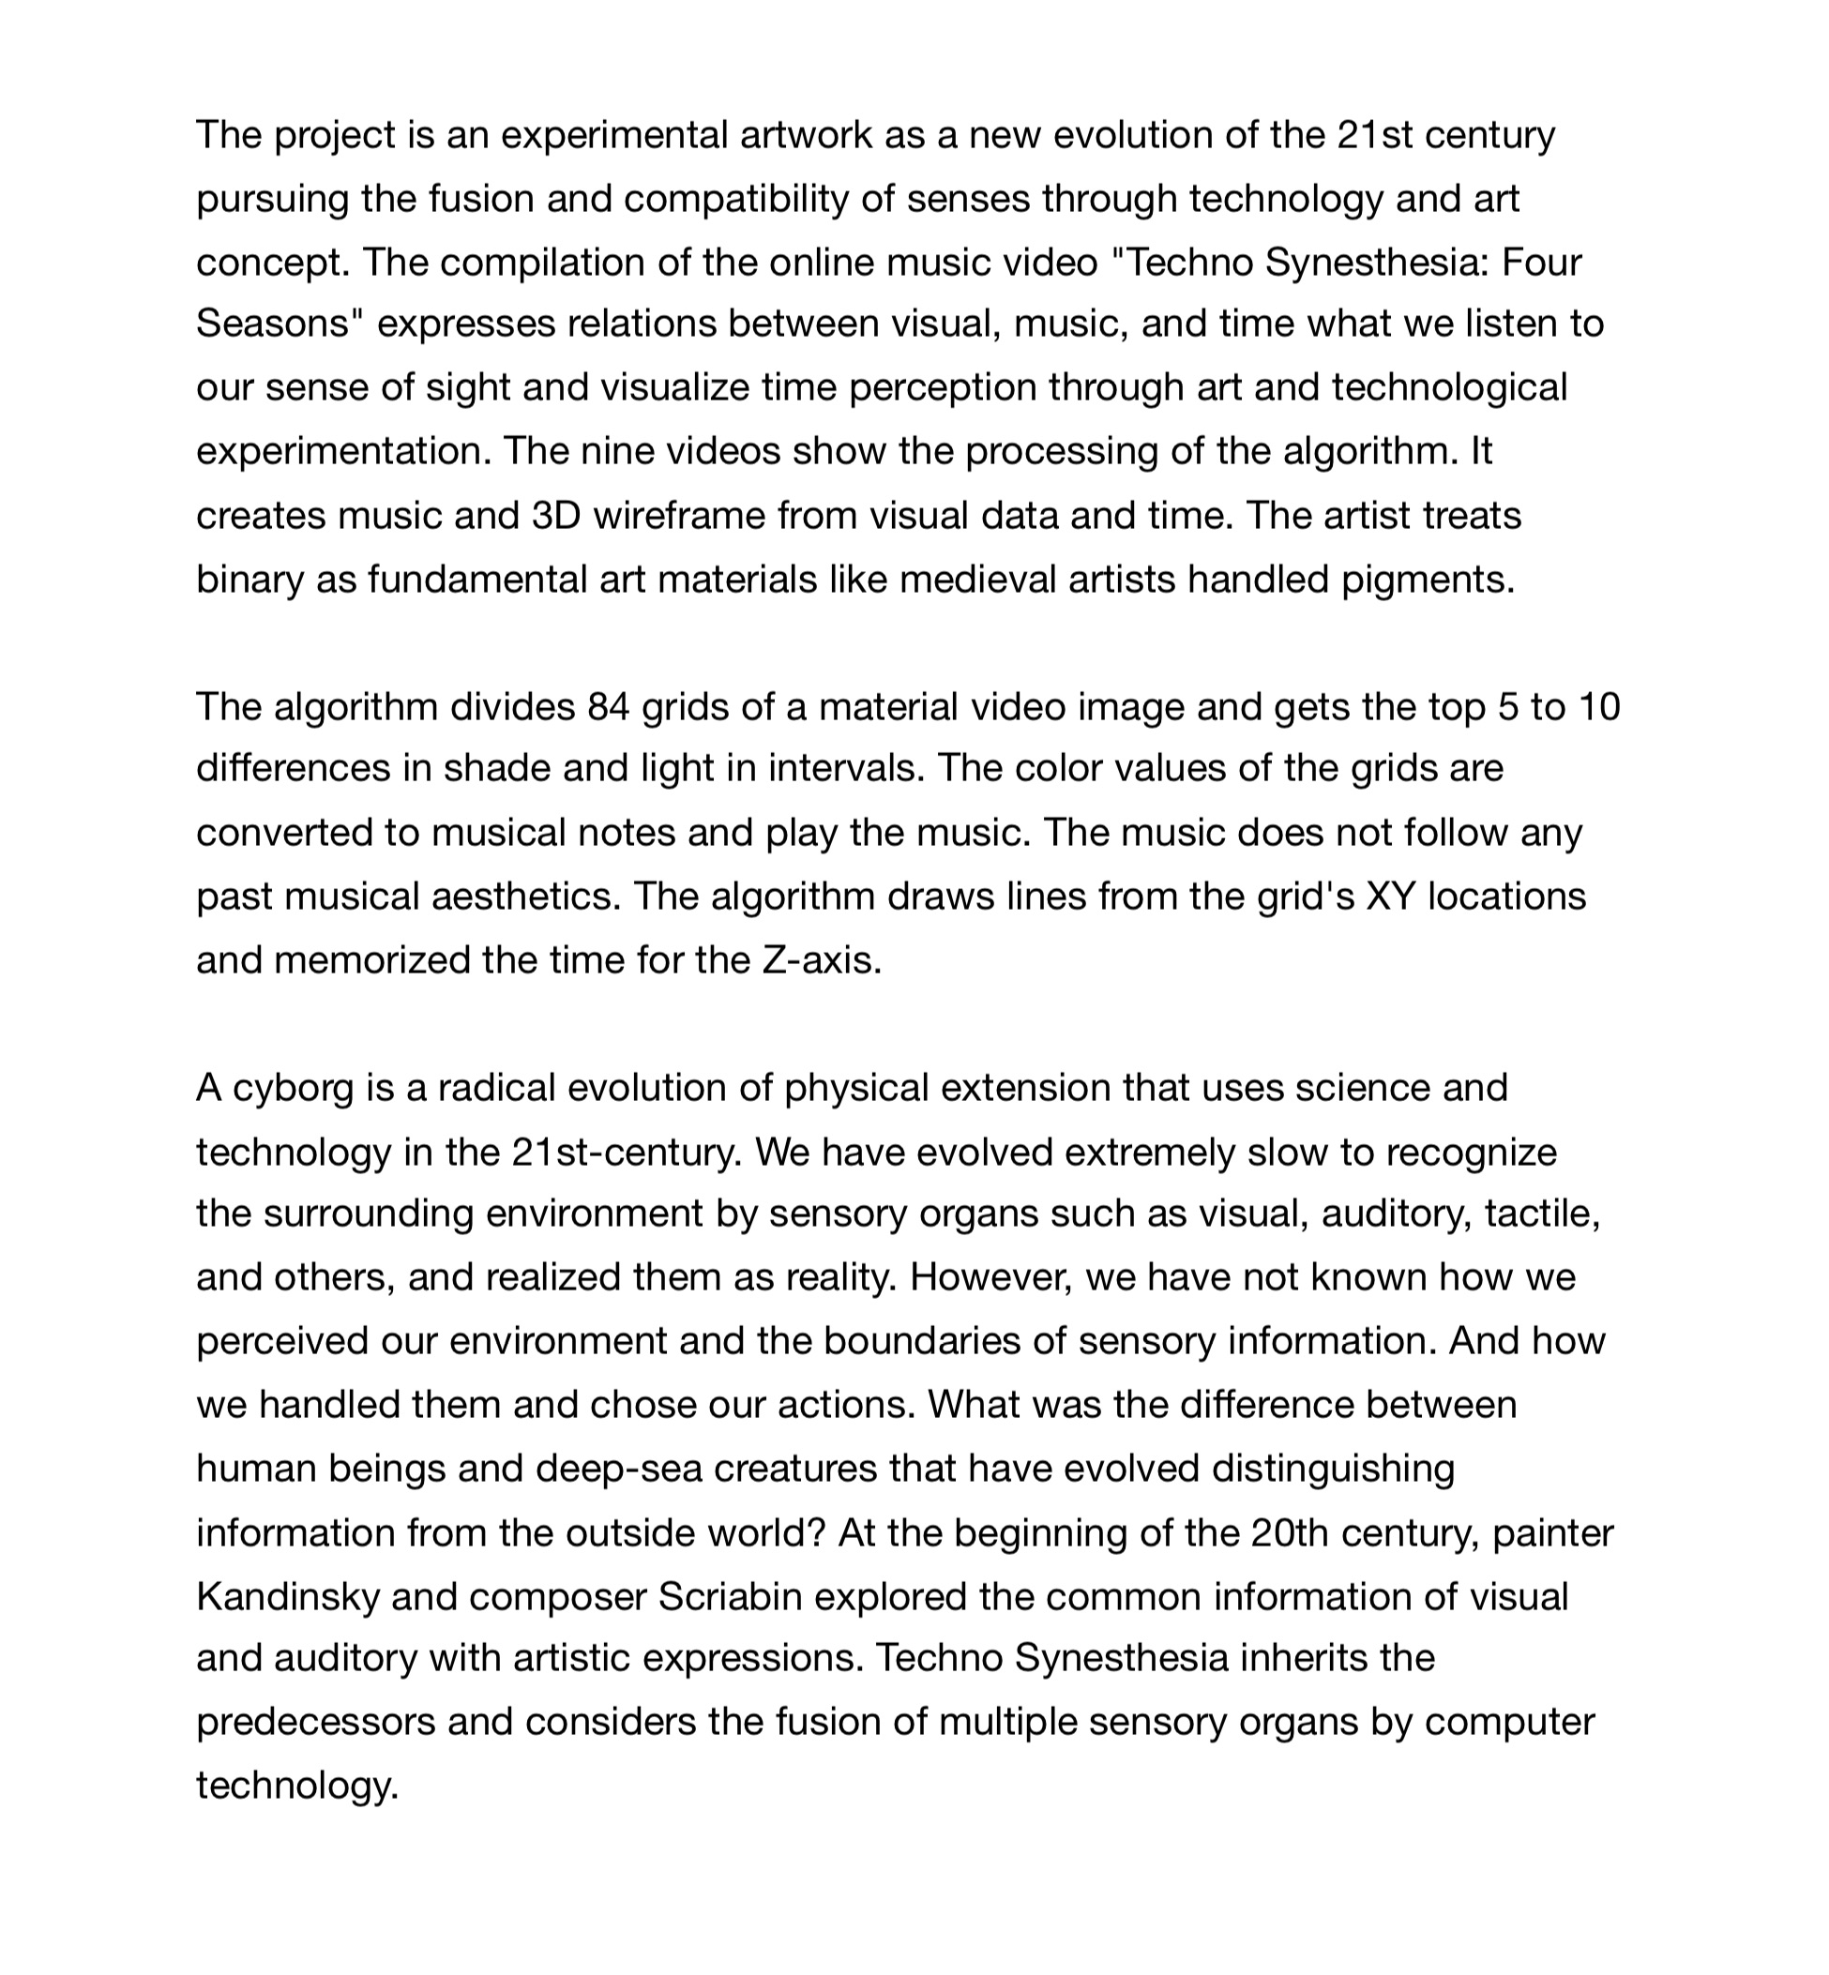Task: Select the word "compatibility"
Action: tap(735, 199)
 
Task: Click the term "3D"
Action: tap(556, 516)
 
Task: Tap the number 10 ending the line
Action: tap(1597, 706)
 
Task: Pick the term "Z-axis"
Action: tap(821, 959)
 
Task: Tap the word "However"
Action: tap(990, 1277)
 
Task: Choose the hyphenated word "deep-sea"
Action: tap(618, 1469)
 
